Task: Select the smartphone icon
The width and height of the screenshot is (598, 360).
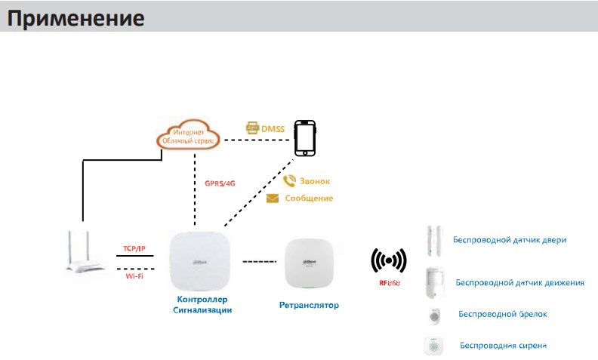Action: click(305, 137)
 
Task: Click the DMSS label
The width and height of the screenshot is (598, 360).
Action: click(272, 129)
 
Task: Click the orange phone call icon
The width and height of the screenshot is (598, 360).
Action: click(288, 181)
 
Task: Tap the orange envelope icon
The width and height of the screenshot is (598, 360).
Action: click(273, 198)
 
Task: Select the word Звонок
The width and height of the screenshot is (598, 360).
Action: click(316, 182)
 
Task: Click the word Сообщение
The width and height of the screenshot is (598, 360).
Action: click(309, 198)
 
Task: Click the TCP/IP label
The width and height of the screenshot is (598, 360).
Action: click(134, 248)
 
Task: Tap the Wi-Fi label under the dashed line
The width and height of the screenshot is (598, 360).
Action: click(134, 276)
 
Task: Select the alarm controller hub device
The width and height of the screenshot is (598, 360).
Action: click(200, 260)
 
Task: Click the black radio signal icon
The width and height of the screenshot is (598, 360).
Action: click(390, 261)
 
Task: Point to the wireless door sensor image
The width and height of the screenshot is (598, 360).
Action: click(433, 240)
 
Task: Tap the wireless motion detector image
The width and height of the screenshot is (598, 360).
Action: click(433, 282)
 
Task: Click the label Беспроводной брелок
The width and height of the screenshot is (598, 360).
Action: click(503, 314)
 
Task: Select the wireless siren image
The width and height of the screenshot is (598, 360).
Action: click(433, 346)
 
